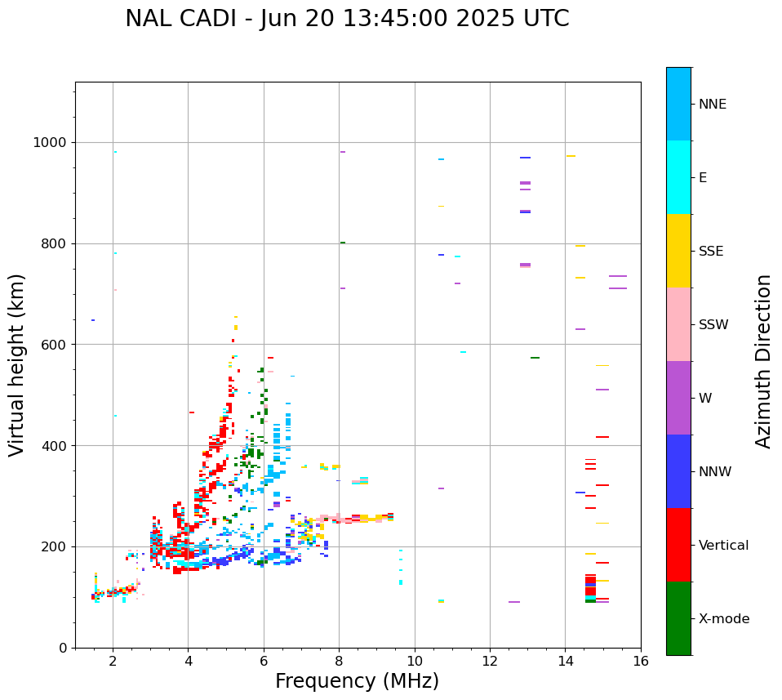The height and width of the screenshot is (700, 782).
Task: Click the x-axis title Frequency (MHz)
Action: pos(357,681)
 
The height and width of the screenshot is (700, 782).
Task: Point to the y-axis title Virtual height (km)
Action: pos(17,365)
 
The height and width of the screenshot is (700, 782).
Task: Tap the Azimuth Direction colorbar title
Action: pos(763,361)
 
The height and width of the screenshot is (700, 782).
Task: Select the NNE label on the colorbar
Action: pos(712,105)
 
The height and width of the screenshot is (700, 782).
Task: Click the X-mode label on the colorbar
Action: pos(724,619)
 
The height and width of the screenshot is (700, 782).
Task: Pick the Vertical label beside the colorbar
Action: pos(723,546)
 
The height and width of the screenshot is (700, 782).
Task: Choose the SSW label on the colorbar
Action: pos(713,325)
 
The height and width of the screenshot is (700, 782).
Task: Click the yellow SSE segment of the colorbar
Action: pos(678,251)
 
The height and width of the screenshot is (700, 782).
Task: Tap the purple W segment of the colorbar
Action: pos(678,398)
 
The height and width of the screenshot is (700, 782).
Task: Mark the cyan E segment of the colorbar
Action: pos(678,177)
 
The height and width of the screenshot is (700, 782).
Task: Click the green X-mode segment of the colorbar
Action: pos(678,618)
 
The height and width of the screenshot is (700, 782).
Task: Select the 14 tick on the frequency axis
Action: pos(565,661)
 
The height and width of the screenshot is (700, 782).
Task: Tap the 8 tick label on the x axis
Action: pos(340,661)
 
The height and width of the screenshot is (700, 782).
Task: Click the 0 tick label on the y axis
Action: pos(62,648)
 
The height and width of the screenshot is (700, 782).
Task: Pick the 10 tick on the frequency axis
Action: pos(415,661)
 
